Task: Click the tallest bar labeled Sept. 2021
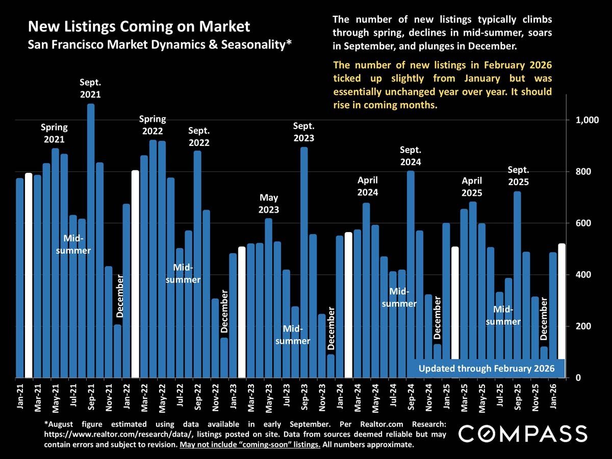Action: click(91, 240)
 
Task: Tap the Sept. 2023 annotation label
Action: click(304, 132)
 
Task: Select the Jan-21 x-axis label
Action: click(19, 397)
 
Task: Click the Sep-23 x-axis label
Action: click(304, 397)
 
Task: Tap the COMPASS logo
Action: click(523, 434)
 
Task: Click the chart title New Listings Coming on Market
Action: click(139, 27)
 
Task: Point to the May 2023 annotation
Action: click(269, 203)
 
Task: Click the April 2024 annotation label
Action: click(367, 186)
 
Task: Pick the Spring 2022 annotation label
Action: click(153, 125)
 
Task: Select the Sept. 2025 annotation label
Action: click(518, 176)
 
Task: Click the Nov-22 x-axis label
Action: click(215, 397)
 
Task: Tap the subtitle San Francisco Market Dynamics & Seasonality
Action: click(160, 44)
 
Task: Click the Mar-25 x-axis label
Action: click(464, 397)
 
